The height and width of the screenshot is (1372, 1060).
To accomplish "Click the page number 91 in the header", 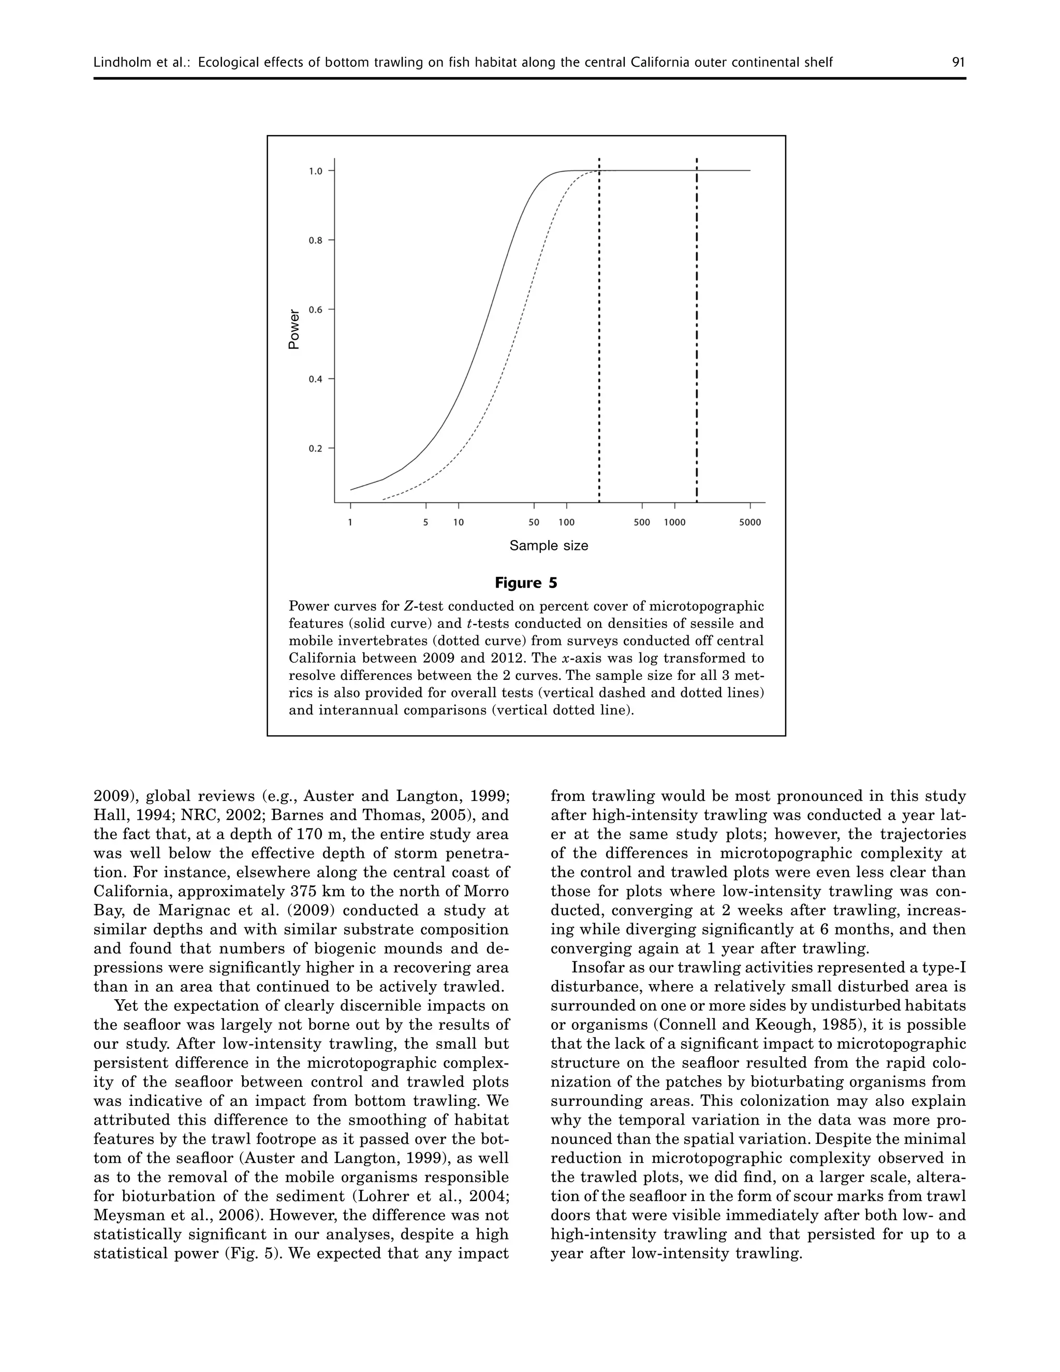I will [958, 62].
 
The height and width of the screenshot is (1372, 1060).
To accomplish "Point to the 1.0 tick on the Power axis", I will [316, 171].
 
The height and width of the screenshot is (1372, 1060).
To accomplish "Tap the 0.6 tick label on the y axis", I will [316, 310].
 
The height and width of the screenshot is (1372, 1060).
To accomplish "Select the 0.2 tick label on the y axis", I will [316, 448].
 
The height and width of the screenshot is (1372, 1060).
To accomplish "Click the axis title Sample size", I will [549, 546].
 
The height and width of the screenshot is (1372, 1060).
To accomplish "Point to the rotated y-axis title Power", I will [294, 329].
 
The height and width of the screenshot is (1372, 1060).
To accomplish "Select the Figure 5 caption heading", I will [526, 583].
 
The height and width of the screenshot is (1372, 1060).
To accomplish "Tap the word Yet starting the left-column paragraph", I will [126, 1006].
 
